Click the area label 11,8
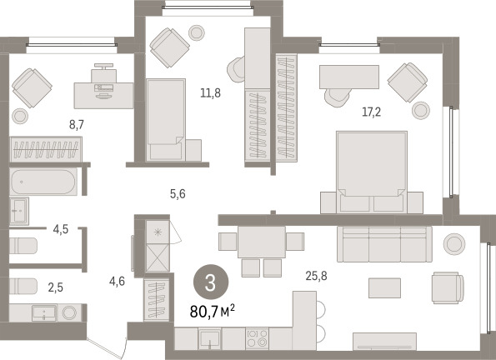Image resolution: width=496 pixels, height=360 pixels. click(x=210, y=93)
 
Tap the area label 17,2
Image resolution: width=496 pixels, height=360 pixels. click(x=371, y=112)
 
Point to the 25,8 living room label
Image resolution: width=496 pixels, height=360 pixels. click(x=316, y=276)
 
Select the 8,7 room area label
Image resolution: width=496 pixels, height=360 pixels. click(x=77, y=125)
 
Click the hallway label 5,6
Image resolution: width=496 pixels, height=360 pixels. click(x=178, y=193)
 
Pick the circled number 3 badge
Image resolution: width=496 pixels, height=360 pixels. click(x=211, y=282)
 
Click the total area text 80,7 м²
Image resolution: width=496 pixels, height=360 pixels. click(x=213, y=312)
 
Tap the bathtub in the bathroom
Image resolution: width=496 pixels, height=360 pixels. click(x=43, y=182)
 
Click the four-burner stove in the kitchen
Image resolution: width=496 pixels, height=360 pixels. click(x=258, y=338)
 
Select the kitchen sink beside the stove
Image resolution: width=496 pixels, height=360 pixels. click(x=210, y=338)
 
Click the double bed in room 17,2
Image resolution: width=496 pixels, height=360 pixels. click(x=372, y=172)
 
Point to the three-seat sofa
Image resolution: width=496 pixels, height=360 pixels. click(x=384, y=244)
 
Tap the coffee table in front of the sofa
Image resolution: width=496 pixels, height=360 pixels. click(x=384, y=287)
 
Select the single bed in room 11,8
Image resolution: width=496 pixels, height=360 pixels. click(x=166, y=119)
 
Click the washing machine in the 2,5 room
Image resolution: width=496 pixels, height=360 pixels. click(x=69, y=312)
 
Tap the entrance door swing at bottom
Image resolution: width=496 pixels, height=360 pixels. click(x=108, y=348)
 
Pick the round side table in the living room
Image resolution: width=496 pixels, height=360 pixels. click(x=454, y=244)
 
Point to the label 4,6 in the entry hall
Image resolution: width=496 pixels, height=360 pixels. click(x=117, y=281)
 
